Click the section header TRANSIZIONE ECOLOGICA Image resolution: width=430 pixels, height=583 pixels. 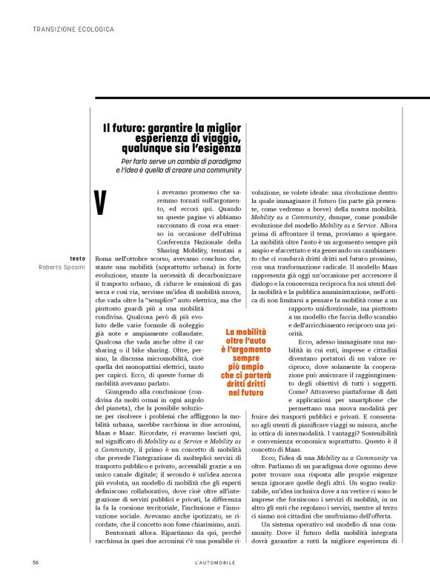73,30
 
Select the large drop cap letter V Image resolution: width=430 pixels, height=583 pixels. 103,202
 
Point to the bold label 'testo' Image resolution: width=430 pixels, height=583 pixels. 77,258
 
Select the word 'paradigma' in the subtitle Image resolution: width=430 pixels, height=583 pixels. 220,161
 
